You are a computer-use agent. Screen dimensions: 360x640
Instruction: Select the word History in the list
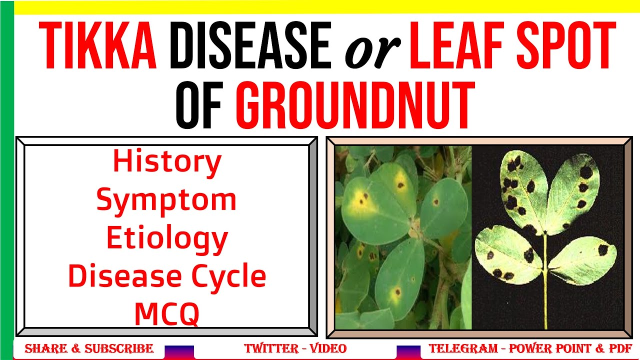click(167, 162)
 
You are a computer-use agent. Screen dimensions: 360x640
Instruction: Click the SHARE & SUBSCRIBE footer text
click(89, 348)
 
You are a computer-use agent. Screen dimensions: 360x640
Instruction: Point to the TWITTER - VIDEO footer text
click(295, 348)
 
